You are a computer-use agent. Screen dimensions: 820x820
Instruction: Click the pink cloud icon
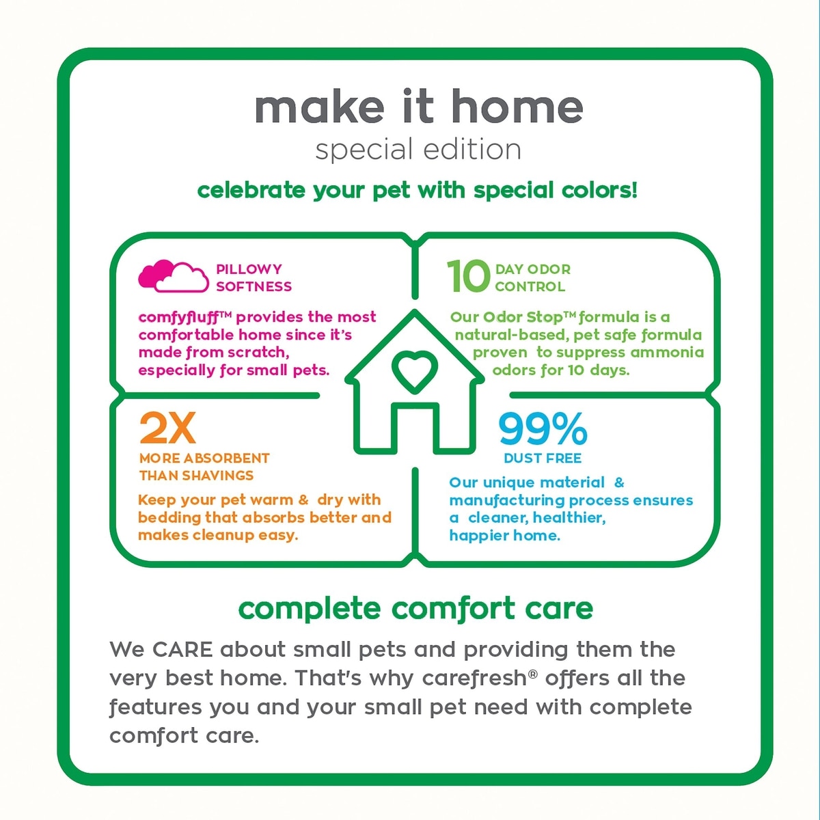coord(174,276)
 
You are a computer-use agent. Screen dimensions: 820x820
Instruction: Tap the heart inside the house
coord(415,370)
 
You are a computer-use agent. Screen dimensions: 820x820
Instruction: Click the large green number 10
coord(469,277)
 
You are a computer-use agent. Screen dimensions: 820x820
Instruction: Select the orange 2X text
coord(167,428)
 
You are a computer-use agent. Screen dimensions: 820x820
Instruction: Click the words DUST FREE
coord(543,459)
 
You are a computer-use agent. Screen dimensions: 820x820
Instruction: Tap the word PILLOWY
coord(249,269)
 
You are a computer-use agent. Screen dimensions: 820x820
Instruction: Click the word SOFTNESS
coord(254,286)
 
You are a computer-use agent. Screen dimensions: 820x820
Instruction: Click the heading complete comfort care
coord(415,609)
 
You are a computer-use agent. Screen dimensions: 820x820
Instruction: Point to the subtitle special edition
coord(418,150)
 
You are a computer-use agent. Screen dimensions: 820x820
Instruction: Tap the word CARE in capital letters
coord(182,650)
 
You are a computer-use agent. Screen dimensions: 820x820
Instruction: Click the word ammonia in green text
coord(667,353)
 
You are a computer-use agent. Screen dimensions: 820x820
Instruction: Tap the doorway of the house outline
coord(415,428)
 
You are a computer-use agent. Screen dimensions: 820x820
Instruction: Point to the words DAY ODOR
coord(533,269)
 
